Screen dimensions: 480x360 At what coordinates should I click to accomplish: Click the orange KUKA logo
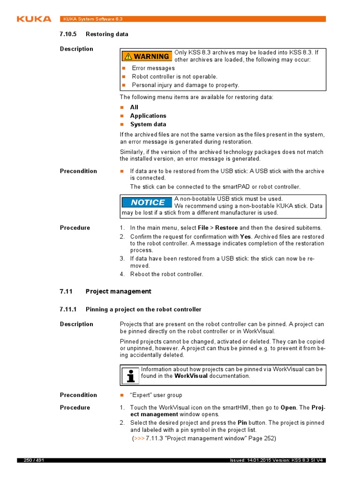tap(34, 19)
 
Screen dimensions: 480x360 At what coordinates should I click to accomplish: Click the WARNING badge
tap(147, 56)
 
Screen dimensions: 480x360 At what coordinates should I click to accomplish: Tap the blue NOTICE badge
tap(147, 202)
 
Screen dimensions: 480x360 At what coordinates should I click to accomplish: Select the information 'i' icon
tap(130, 375)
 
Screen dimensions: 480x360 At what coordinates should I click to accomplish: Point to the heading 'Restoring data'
tap(107, 34)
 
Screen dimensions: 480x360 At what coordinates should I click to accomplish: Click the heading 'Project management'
tap(118, 292)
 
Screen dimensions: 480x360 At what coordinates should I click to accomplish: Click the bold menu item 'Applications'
tap(148, 116)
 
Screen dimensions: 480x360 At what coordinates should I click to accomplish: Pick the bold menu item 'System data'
tap(148, 124)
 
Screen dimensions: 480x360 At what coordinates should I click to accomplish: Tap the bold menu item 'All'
tap(134, 107)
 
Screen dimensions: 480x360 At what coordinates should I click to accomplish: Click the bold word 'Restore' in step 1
tap(226, 228)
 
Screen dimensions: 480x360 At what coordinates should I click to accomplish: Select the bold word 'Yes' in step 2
tap(246, 237)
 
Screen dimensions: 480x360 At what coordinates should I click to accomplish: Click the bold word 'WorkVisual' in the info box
tap(191, 376)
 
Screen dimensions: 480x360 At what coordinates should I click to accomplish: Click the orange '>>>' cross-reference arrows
tap(139, 438)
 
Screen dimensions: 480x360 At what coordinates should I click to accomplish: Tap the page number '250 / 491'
tap(34, 460)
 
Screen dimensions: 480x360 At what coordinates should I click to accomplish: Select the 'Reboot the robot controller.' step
tap(166, 274)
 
